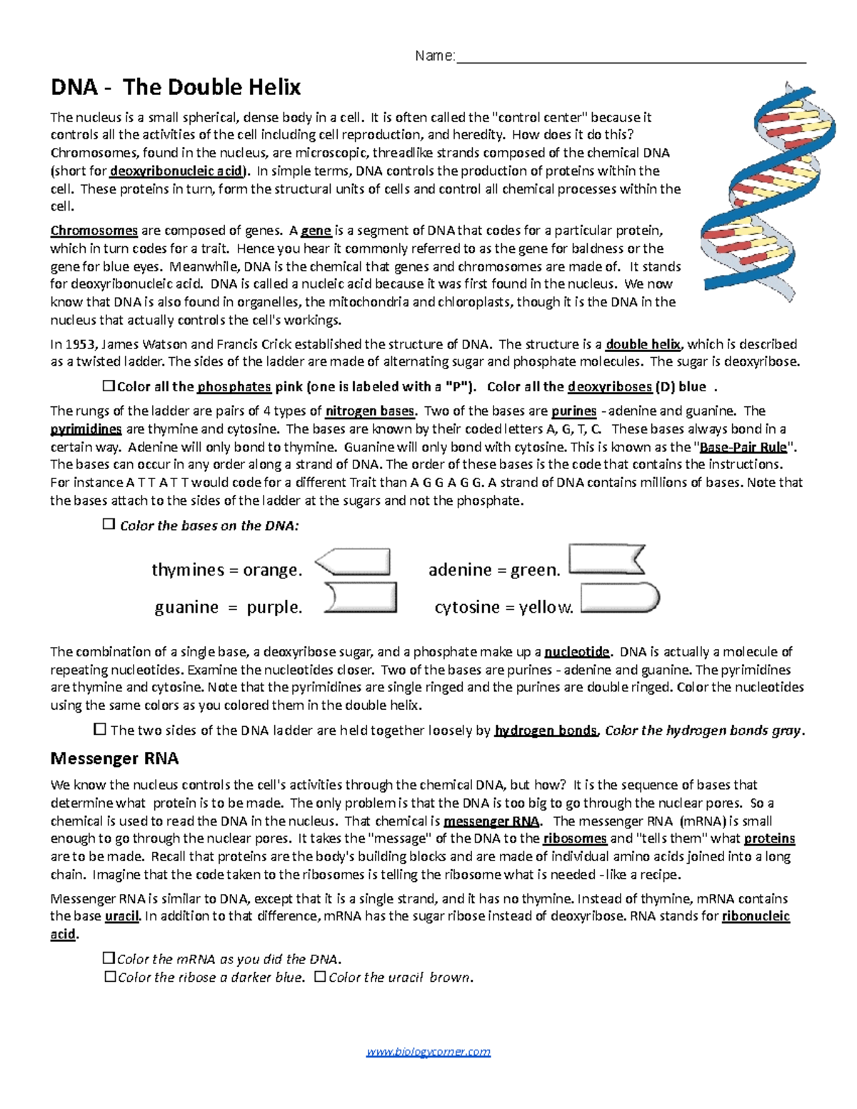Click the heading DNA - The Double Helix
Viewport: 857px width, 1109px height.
[176, 88]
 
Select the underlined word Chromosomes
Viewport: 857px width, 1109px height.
[94, 231]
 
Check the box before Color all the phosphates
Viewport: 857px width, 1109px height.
[109, 386]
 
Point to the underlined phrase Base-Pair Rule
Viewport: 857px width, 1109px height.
[743, 448]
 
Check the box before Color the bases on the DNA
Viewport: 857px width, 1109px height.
[109, 524]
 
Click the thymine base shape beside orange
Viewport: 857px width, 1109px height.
[354, 562]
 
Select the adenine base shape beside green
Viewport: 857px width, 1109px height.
[606, 559]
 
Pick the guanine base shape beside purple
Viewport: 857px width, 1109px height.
[361, 598]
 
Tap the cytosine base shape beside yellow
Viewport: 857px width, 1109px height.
[618, 598]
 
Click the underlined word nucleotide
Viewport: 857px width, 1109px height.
[577, 652]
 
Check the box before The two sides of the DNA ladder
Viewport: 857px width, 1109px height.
[100, 729]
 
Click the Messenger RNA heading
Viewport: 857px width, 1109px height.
[114, 758]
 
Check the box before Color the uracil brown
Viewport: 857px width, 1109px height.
[320, 976]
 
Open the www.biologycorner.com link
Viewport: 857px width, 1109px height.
[428, 1052]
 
